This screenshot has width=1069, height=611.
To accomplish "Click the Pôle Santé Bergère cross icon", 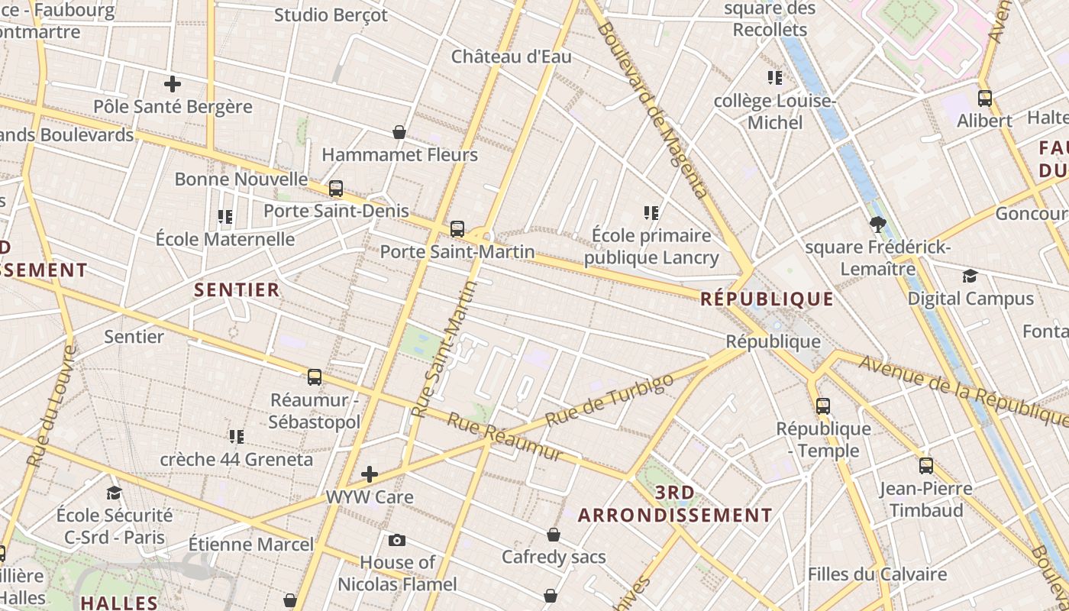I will pos(173,84).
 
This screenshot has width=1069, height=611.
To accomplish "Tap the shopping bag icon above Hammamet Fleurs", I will pos(399,132).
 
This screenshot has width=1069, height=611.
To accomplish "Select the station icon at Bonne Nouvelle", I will pos(336,189).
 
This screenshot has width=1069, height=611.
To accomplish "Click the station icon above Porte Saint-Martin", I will pos(457,228).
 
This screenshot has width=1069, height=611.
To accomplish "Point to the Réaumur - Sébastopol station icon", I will pos(315,377).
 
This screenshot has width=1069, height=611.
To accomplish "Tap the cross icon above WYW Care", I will pos(370,474).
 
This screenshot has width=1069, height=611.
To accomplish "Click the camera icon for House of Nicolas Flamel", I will pos(397,541).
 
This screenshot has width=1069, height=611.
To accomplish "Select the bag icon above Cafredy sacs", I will pos(554,535).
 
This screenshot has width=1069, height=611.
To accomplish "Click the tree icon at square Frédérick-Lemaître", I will pos(877,225).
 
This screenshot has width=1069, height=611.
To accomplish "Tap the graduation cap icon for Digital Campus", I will pos(970,276).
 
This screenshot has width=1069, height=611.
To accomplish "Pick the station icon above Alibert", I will pos(985,98).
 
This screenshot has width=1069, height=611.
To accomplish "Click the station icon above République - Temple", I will pos(823,406).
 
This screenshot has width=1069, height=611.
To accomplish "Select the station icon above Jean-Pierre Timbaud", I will pos(926,465).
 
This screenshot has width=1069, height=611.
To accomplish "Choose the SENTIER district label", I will pos(237,290).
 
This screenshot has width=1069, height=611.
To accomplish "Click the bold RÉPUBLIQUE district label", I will pos(767,299).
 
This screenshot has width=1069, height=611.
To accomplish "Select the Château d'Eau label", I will pos(512,57).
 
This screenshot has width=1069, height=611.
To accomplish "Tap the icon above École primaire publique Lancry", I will pos(651,212).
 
